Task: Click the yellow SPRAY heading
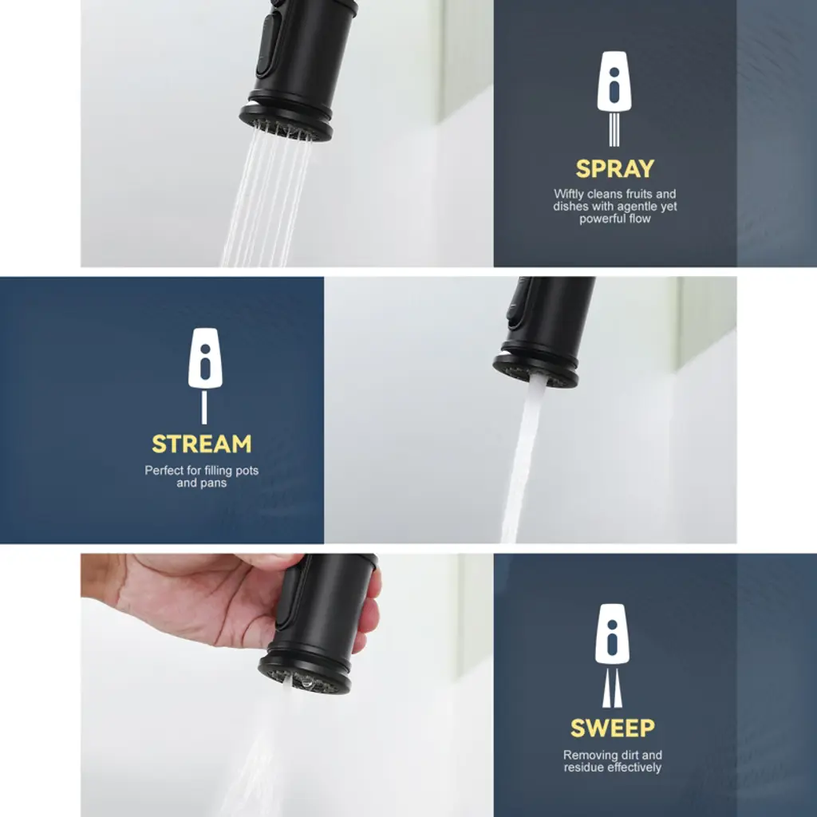(x=615, y=169)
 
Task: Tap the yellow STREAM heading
(x=202, y=444)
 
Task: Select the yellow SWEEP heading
(x=613, y=728)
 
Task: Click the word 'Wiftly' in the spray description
(x=569, y=195)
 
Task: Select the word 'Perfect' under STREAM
(x=164, y=471)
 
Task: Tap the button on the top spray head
(x=266, y=45)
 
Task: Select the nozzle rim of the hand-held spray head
(x=304, y=674)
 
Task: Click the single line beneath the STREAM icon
(x=204, y=408)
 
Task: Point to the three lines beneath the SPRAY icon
(x=614, y=130)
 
